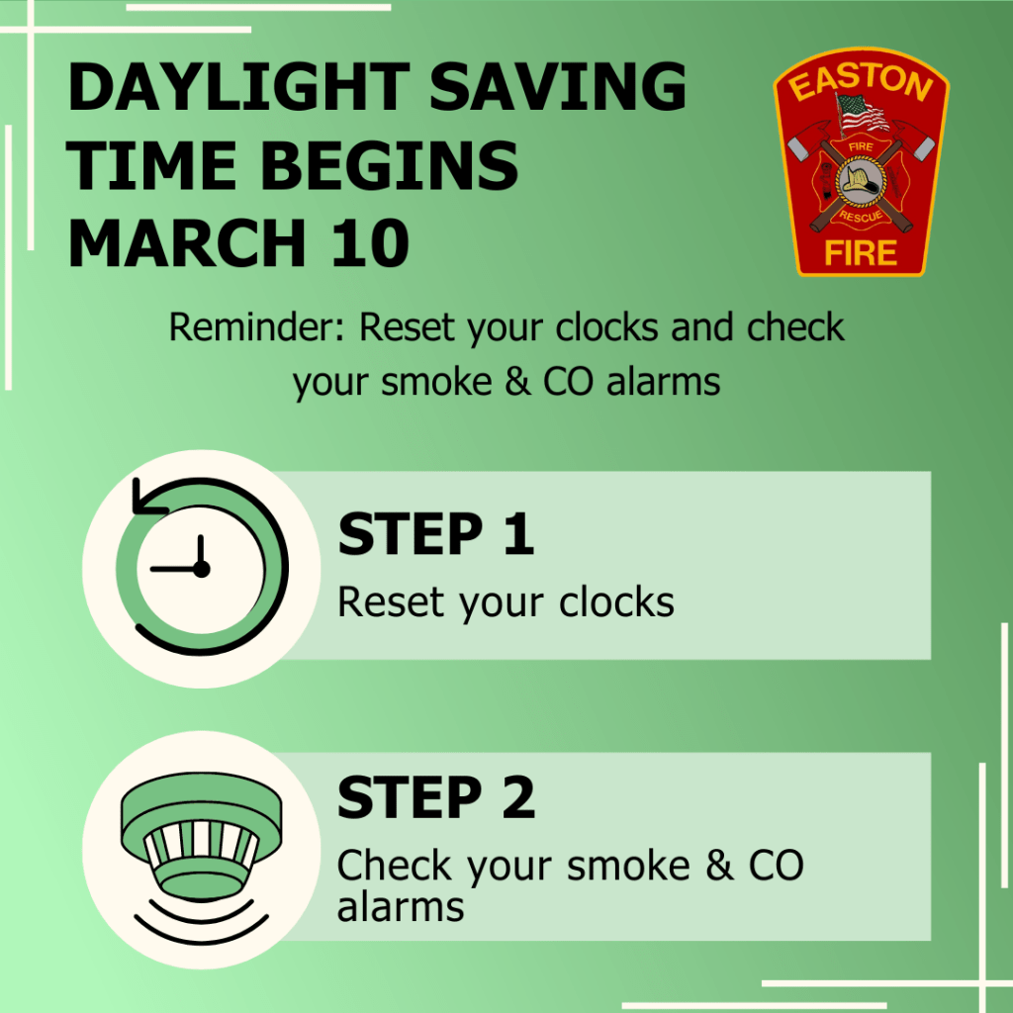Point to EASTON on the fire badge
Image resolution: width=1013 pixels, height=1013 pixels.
tap(862, 86)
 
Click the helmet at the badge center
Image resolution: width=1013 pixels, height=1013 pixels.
tap(860, 181)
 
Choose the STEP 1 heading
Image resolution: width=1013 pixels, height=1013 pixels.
tap(435, 535)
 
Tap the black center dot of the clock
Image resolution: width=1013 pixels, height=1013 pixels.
tap(201, 569)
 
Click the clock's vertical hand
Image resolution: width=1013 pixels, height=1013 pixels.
tap(201, 551)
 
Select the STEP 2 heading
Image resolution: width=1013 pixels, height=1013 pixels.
tap(435, 798)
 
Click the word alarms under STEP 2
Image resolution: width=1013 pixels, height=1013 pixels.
tap(400, 907)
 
